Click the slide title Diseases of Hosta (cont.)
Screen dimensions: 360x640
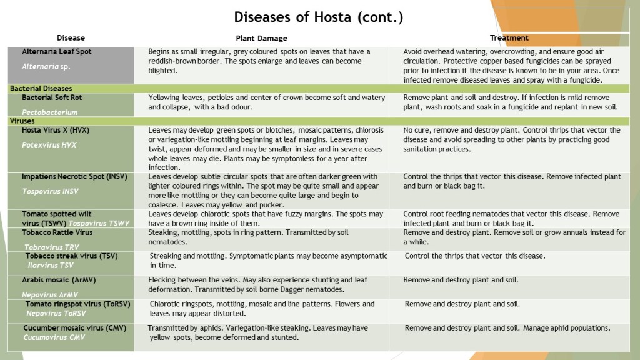tap(318, 17)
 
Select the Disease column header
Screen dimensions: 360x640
tap(71, 38)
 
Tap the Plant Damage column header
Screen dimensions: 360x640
tap(262, 38)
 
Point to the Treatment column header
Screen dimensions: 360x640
tap(509, 38)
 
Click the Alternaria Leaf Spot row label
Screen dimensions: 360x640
tap(57, 51)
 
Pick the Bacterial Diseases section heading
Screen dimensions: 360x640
tap(41, 89)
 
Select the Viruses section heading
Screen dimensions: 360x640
tap(22, 121)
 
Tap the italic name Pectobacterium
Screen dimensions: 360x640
tap(50, 112)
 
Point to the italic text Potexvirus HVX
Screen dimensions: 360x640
tap(49, 144)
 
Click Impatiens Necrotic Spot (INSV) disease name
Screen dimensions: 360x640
tap(74, 177)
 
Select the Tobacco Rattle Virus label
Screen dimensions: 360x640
tap(57, 232)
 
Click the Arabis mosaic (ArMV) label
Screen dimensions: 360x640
tap(54, 281)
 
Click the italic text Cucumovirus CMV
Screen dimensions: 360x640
tap(54, 337)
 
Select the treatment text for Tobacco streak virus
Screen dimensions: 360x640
tap(475, 256)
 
